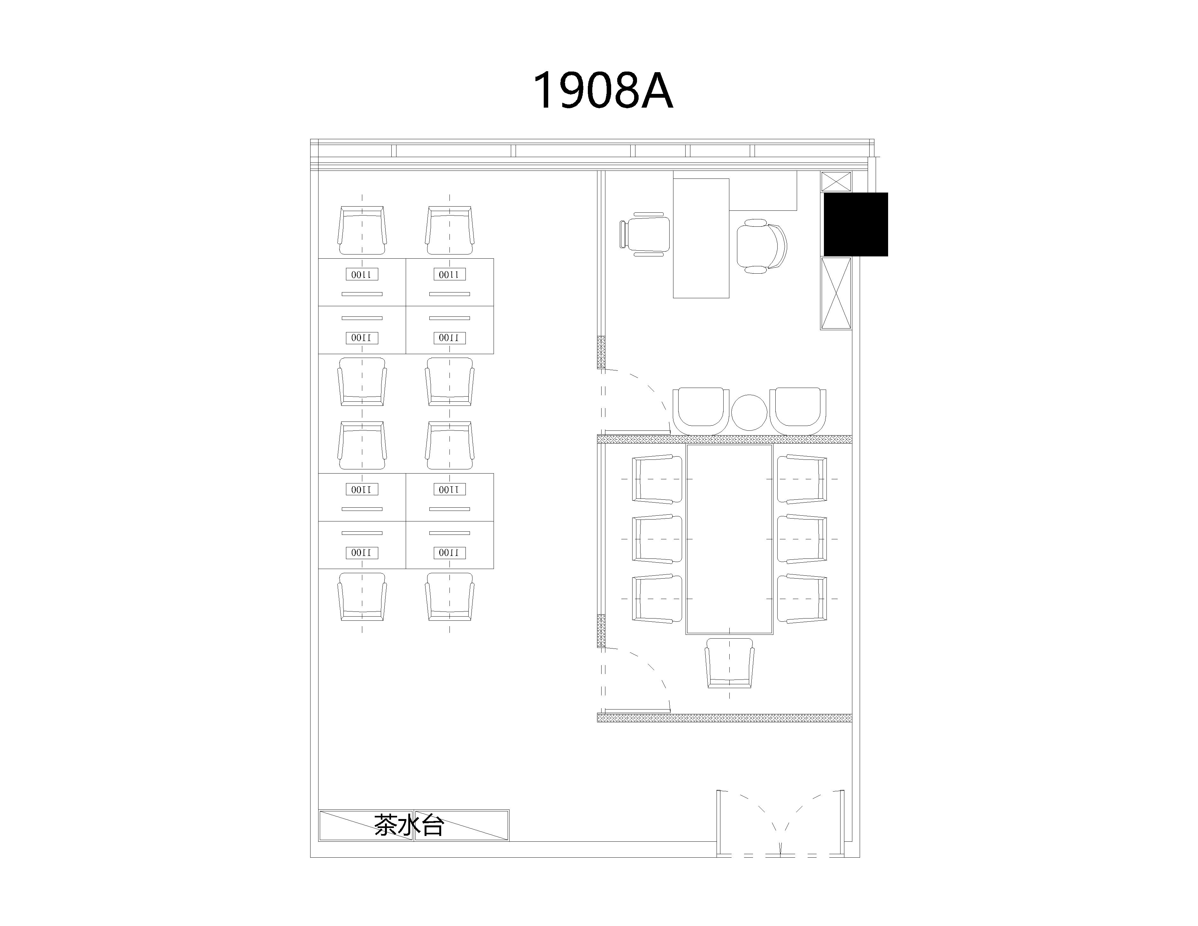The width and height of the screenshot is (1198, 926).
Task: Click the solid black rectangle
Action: click(856, 224)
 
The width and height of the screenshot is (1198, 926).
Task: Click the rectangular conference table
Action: click(730, 539)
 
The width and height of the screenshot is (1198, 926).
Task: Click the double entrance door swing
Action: click(780, 822)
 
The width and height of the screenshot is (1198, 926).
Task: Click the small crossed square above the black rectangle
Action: click(836, 181)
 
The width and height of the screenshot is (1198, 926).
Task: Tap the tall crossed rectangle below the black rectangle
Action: click(836, 293)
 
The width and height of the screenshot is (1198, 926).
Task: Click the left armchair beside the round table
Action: click(701, 411)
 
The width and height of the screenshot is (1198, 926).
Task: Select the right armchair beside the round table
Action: click(798, 411)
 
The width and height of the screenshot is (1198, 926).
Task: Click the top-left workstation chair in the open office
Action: click(362, 230)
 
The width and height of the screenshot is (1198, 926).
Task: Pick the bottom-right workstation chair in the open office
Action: click(450, 596)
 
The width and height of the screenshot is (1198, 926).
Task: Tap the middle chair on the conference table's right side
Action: click(802, 539)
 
